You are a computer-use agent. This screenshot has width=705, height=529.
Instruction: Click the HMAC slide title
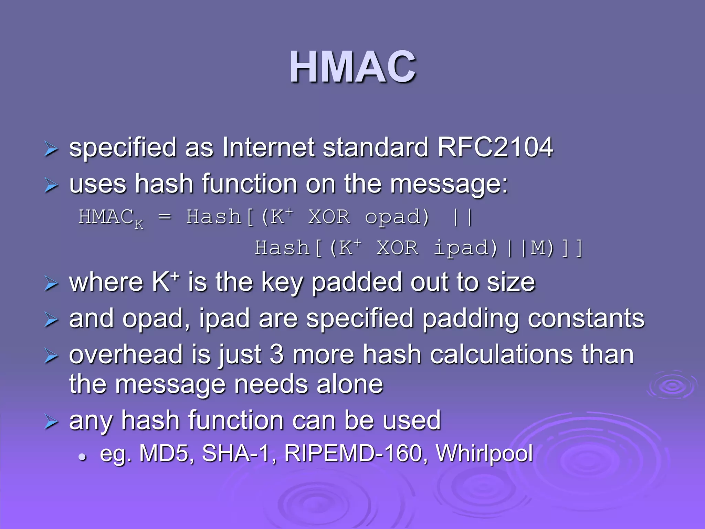click(x=352, y=67)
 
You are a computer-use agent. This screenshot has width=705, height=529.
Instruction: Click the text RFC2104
click(x=495, y=147)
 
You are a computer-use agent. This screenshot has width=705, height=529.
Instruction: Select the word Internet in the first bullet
click(x=268, y=147)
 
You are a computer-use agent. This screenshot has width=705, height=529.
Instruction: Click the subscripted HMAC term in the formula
click(x=109, y=218)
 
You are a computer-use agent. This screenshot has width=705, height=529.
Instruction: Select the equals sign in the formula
click(x=165, y=217)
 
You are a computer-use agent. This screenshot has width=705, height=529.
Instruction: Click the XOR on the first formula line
click(x=329, y=217)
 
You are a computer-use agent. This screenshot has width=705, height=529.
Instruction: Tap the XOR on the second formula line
click(x=397, y=248)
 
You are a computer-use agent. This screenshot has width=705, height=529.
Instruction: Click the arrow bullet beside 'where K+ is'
click(x=51, y=284)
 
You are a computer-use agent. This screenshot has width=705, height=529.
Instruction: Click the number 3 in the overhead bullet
click(x=276, y=355)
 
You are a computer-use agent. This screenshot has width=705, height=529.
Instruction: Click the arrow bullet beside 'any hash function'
click(x=51, y=422)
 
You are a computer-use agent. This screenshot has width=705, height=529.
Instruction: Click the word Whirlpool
click(x=484, y=453)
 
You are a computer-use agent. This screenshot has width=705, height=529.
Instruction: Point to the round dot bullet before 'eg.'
click(x=82, y=457)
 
